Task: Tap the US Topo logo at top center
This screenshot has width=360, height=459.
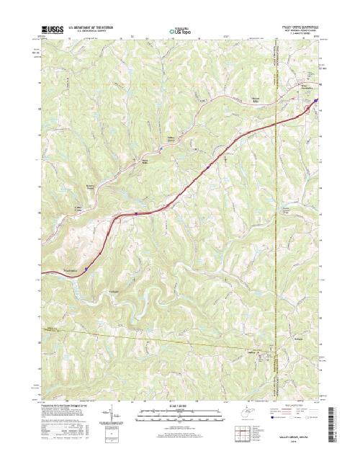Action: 179,32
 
